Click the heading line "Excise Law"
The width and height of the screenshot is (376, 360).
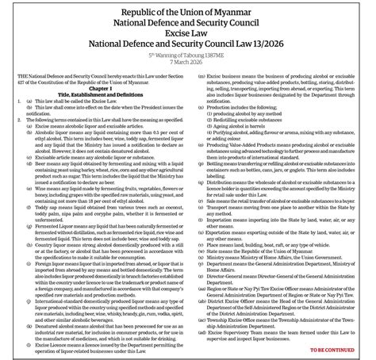click(x=188, y=36)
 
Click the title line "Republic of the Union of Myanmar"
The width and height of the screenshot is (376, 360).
click(x=188, y=10)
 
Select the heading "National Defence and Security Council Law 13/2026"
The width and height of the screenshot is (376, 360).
click(x=188, y=50)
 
